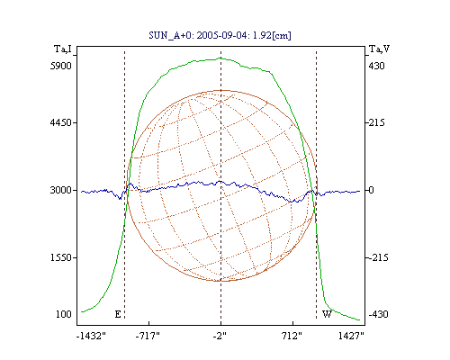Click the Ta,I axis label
(x=63, y=49)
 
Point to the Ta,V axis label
(x=379, y=49)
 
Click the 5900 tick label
(x=61, y=66)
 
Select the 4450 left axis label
(x=61, y=122)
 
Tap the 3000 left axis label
(x=61, y=190)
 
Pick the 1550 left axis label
(x=61, y=257)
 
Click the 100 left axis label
(x=64, y=314)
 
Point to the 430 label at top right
(x=376, y=66)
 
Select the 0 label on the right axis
(x=372, y=190)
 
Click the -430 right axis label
(x=378, y=314)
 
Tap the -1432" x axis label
(x=91, y=336)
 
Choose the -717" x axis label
(x=148, y=336)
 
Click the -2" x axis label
(x=220, y=336)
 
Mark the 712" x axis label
(x=292, y=336)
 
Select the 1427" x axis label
(x=351, y=336)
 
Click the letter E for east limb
(x=118, y=314)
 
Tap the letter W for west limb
(x=327, y=314)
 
